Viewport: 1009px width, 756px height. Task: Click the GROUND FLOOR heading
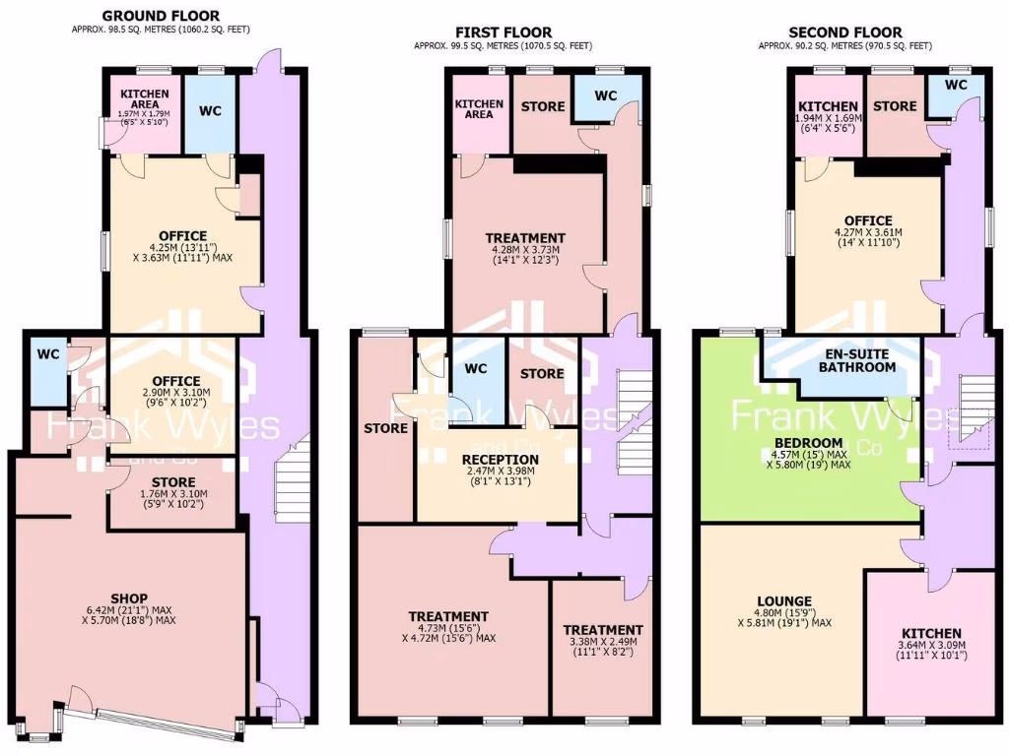(x=161, y=16)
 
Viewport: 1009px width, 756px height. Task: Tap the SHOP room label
(x=129, y=598)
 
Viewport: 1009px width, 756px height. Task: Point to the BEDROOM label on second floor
(x=808, y=442)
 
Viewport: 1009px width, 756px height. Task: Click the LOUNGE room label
(x=784, y=601)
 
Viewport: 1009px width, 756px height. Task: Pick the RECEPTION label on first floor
(x=501, y=460)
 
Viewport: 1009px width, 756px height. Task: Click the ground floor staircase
(x=291, y=482)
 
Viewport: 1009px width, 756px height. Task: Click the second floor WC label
(x=955, y=86)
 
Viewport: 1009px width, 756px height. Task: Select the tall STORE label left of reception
(x=385, y=428)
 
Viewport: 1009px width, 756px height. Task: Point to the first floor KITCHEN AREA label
(x=479, y=108)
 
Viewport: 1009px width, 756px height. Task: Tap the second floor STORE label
(x=895, y=106)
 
